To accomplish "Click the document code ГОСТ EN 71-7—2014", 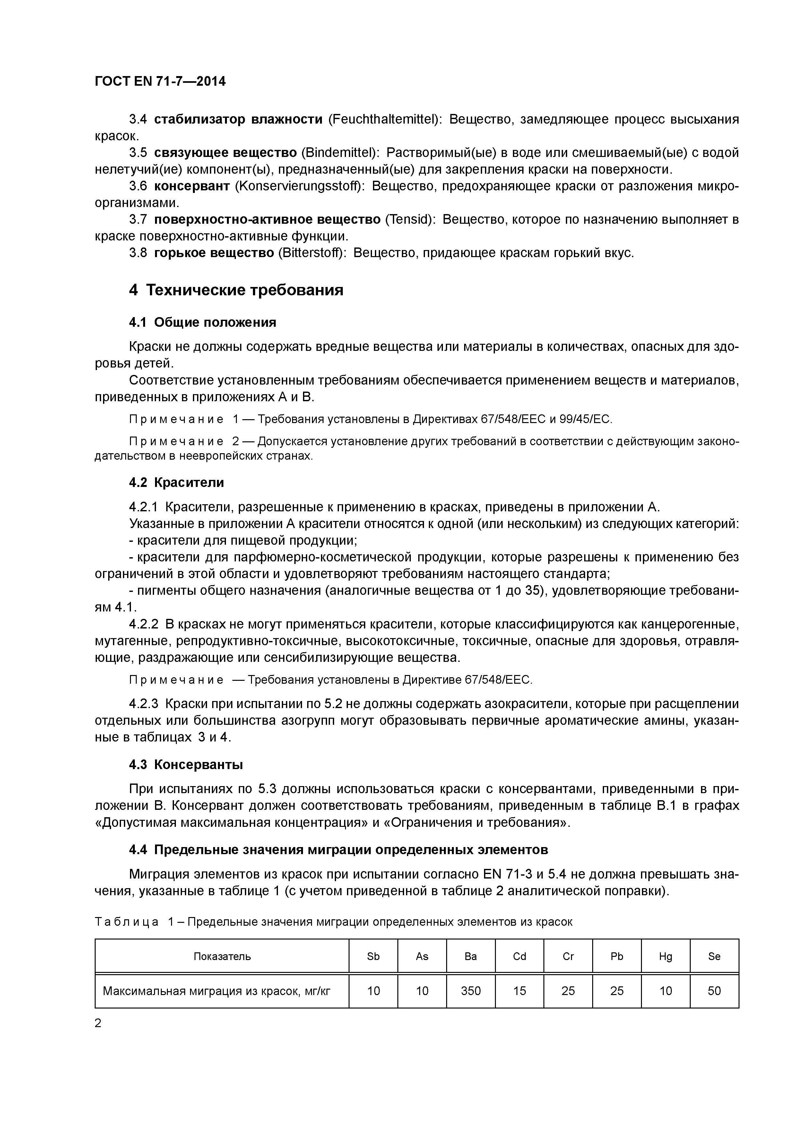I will (x=160, y=82).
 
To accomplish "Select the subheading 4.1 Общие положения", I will (x=202, y=322).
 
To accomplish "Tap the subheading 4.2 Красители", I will (x=176, y=482).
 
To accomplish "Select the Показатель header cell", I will (x=222, y=956).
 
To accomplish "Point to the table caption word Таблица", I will (x=126, y=922).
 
